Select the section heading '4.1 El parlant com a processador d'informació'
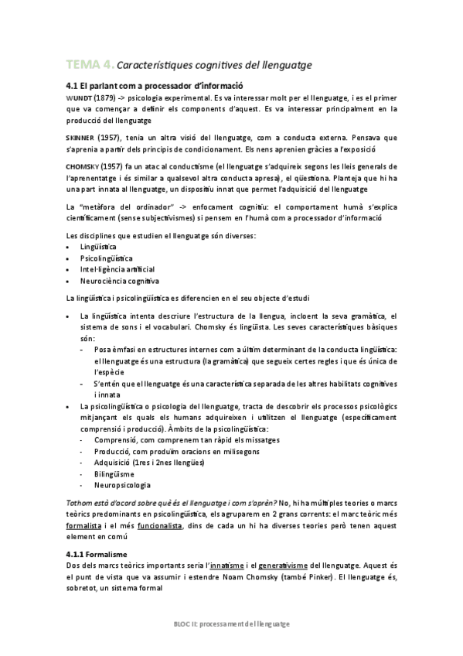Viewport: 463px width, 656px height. pyautogui.click(x=155, y=86)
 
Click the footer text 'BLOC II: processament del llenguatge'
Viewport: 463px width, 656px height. pyautogui.click(x=231, y=624)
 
